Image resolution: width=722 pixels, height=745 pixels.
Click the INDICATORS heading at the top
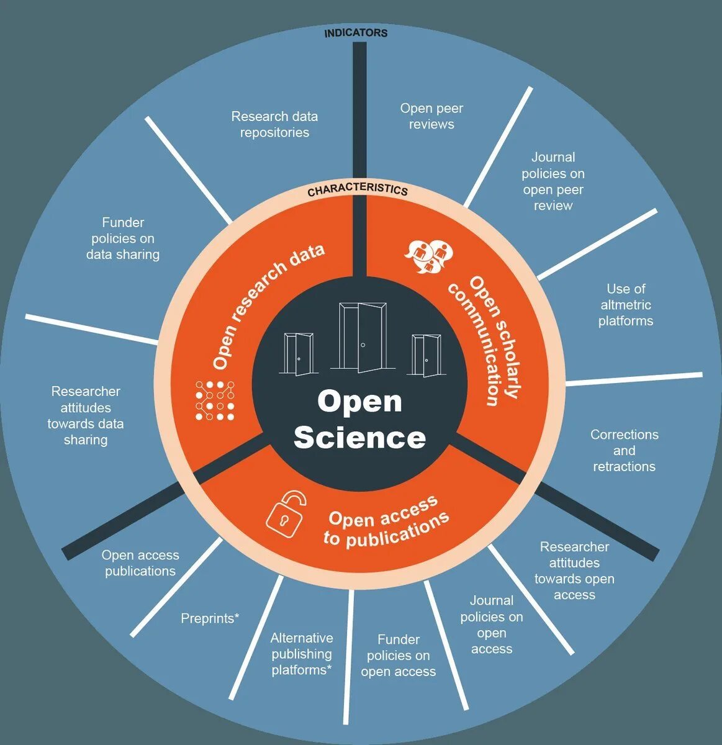click(356, 33)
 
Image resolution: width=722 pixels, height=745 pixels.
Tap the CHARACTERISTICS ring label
click(358, 190)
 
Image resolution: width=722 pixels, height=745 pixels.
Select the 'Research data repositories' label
click(274, 124)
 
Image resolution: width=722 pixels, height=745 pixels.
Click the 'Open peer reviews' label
click(431, 116)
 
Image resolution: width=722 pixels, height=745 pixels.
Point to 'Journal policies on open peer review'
click(553, 181)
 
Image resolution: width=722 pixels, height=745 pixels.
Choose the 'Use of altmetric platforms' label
click(626, 305)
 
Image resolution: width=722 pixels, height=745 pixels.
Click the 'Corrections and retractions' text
click(624, 451)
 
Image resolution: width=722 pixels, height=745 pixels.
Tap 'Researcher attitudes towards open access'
click(574, 571)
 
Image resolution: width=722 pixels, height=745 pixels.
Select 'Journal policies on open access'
click(492, 625)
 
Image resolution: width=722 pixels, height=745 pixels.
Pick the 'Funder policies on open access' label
click(398, 656)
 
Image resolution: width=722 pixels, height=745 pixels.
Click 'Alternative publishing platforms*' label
click(302, 654)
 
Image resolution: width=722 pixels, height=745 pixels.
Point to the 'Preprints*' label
click(210, 618)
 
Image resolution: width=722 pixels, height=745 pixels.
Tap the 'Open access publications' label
click(140, 563)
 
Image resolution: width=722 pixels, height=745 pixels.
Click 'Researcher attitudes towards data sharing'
click(86, 415)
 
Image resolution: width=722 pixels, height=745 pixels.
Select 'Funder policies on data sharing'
click(123, 238)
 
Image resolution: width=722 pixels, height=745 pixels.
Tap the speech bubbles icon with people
click(429, 256)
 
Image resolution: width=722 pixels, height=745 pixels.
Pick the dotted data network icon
click(215, 400)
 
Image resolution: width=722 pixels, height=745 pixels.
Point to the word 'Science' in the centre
click(360, 438)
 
